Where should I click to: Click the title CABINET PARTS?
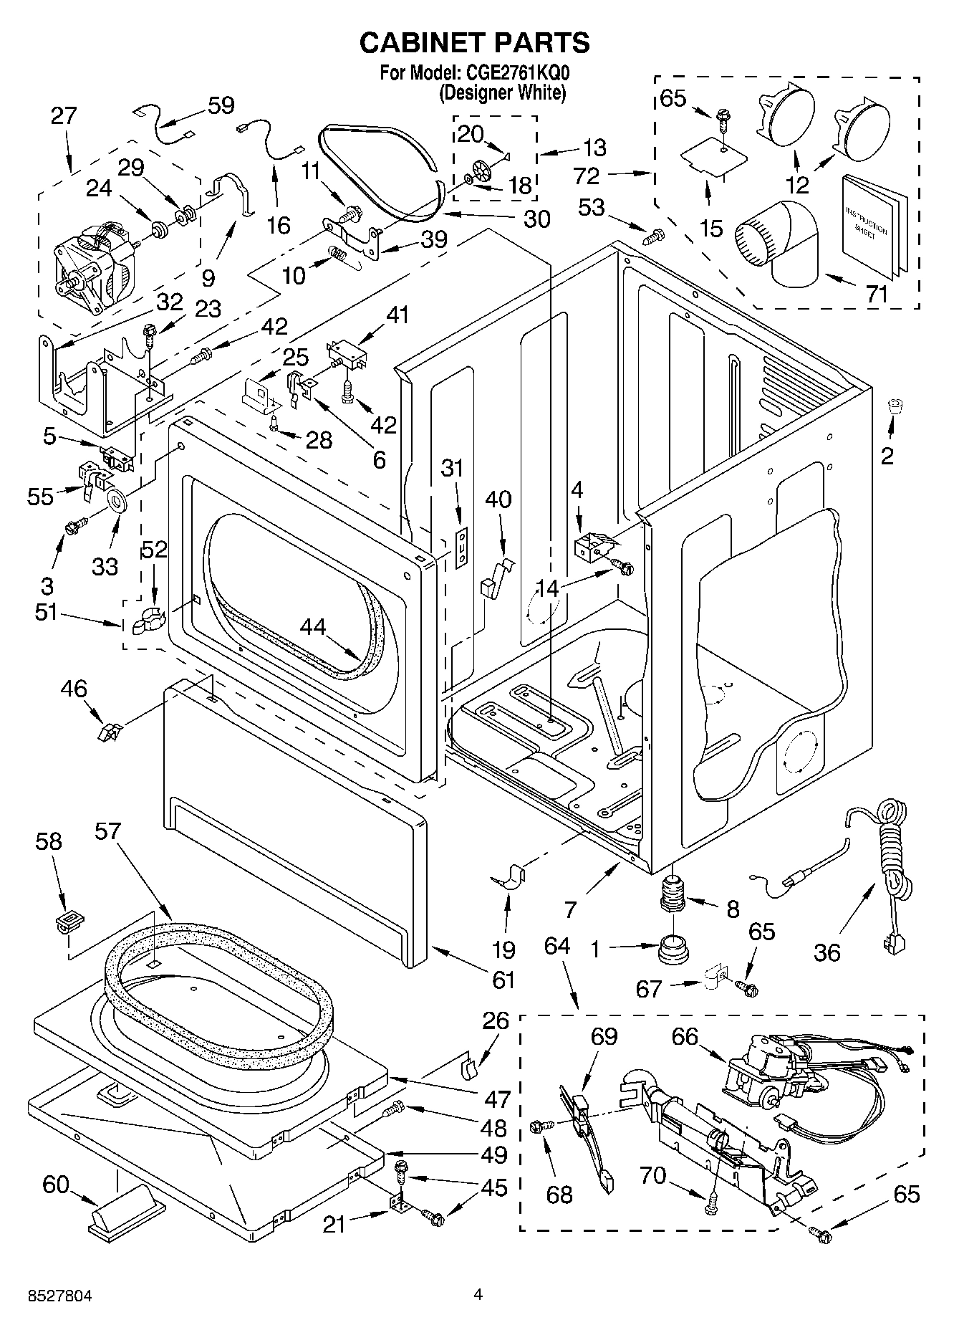point(474,43)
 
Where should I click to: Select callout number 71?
point(877,294)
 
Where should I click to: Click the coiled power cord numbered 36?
point(887,853)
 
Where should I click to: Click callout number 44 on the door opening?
point(313,627)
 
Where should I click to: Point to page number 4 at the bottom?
point(478,1293)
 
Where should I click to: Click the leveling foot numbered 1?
point(672,950)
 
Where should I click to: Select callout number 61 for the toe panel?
point(503,978)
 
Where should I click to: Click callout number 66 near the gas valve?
point(685,1036)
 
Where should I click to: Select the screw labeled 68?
point(539,1127)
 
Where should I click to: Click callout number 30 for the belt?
point(536,219)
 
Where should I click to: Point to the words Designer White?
point(503,92)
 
